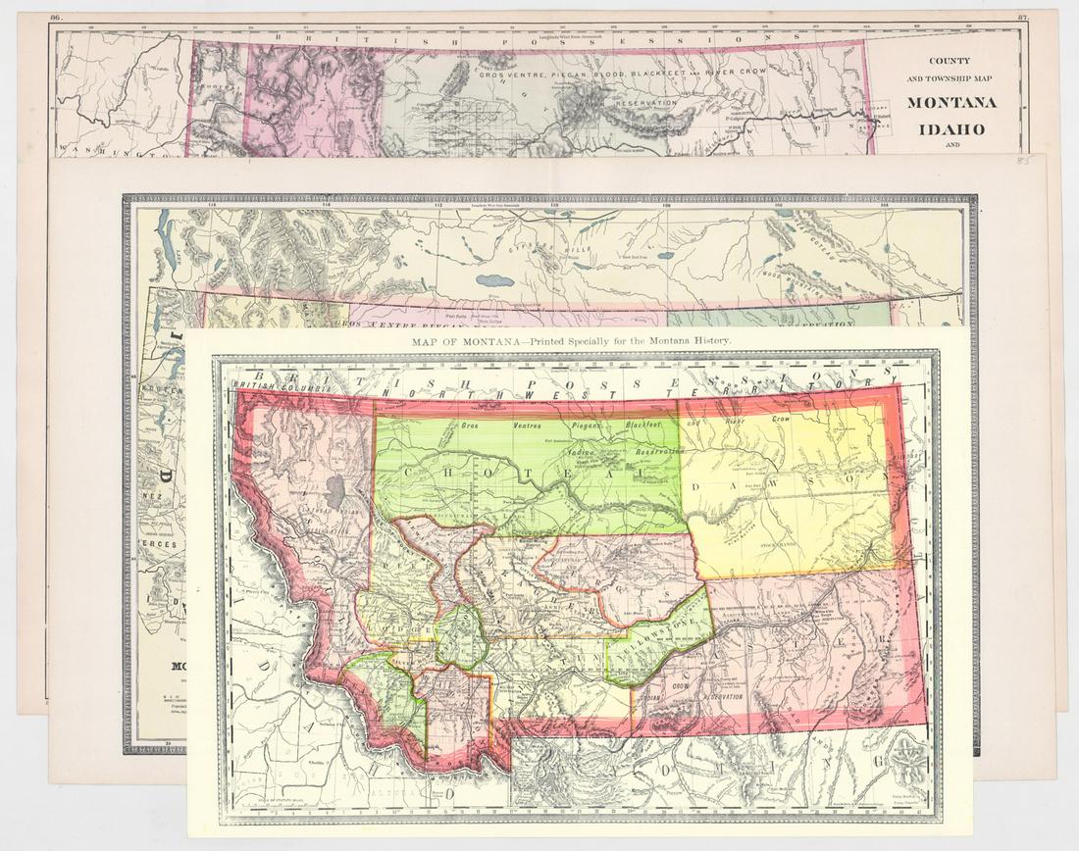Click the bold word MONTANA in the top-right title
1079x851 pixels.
pos(951,103)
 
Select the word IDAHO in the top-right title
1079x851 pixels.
pos(951,128)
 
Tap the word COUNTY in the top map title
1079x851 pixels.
pos(951,61)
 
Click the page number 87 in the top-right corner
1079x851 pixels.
pos(1024,18)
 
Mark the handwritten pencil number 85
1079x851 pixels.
pos(1025,159)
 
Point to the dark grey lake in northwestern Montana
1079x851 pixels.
pos(336,493)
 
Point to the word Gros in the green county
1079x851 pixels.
pos(475,426)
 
